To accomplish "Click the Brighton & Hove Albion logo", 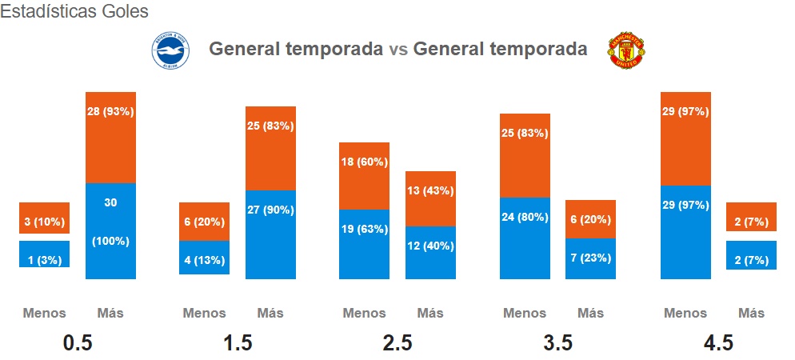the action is [x=170, y=50].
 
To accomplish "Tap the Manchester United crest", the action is [x=626, y=50].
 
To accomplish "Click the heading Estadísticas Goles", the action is [x=74, y=11].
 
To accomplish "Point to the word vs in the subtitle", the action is [x=398, y=49].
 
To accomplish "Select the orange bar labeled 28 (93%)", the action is [x=110, y=138].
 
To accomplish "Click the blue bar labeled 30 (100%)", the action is [x=110, y=230].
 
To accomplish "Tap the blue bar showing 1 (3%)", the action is [x=45, y=254].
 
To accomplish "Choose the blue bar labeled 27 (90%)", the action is [x=271, y=234].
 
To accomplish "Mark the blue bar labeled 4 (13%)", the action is [x=204, y=258].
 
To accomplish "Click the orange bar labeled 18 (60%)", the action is [x=364, y=176].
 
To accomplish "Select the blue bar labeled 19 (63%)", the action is [x=364, y=244].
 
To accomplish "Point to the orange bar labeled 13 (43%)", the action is [x=430, y=198].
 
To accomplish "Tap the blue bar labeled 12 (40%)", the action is [x=430, y=253].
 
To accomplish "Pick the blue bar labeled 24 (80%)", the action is [x=525, y=238].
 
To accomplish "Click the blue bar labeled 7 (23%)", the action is [x=591, y=258].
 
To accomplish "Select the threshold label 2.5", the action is [x=397, y=343].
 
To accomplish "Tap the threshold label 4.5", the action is [x=718, y=343].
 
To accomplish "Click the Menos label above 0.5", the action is [x=44, y=313].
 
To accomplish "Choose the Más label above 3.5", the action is [x=591, y=313].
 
